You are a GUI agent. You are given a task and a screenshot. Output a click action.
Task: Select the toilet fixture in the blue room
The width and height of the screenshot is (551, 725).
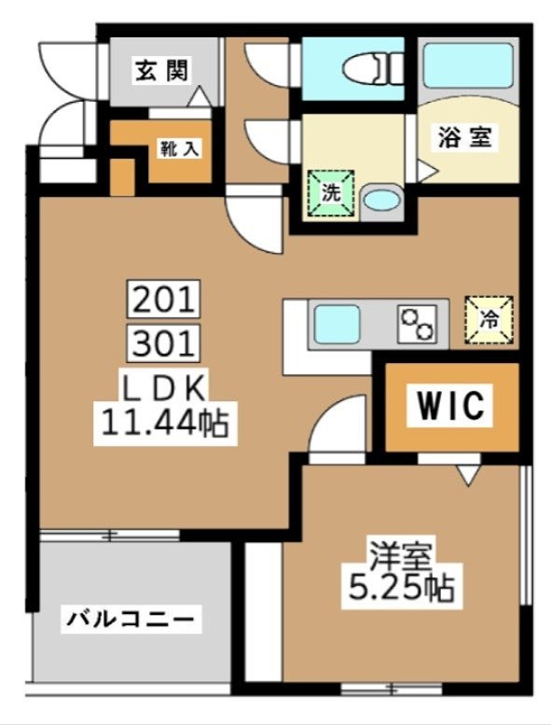(368, 67)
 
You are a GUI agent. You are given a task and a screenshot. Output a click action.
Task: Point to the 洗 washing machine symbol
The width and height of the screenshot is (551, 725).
(332, 193)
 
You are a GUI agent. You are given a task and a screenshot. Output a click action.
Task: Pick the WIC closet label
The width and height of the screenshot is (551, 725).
(449, 406)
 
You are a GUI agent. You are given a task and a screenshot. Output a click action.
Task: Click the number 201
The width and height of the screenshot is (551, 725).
(164, 300)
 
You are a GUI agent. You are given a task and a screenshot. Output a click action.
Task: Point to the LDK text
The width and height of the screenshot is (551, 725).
(163, 386)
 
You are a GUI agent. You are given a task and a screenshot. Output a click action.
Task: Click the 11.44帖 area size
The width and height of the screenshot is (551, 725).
(164, 425)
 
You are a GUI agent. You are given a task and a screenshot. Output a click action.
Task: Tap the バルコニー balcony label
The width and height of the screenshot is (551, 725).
(130, 619)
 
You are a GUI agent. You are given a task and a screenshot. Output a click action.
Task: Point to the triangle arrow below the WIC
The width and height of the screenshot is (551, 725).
(468, 478)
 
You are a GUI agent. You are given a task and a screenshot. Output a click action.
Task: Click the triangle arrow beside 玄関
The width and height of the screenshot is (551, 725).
(200, 94)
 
